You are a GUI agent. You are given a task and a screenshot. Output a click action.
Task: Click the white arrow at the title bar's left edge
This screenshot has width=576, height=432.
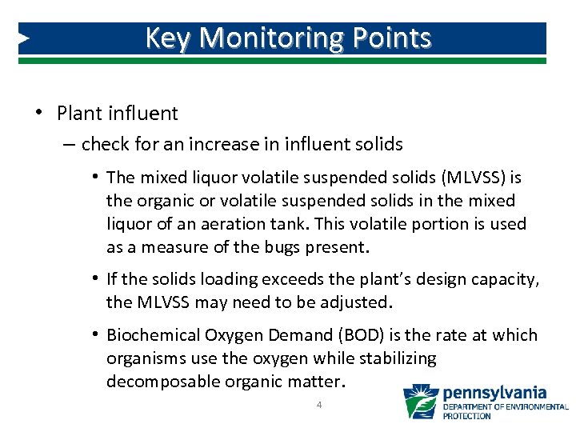pyautogui.click(x=24, y=38)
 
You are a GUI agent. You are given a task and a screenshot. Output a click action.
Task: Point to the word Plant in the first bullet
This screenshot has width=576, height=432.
pyautogui.click(x=78, y=114)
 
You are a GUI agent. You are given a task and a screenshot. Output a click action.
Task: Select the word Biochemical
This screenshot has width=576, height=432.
pyautogui.click(x=153, y=335)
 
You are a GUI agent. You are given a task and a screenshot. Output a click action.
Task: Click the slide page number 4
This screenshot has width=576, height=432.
pyautogui.click(x=319, y=406)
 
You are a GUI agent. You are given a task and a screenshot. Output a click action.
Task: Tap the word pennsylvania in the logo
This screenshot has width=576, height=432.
pyautogui.click(x=494, y=393)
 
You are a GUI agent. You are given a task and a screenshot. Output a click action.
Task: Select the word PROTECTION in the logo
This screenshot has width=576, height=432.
pyautogui.click(x=467, y=416)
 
